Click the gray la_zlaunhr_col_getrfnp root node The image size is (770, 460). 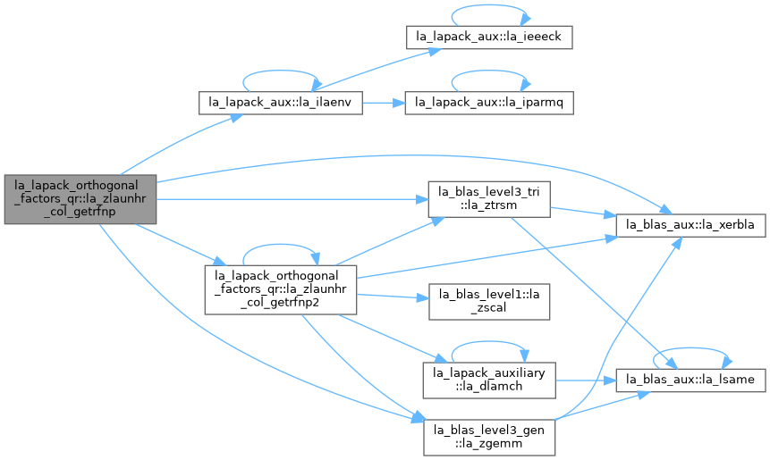[80, 199]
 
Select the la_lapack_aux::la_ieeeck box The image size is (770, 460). [489, 37]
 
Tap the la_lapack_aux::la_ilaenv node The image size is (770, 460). [281, 103]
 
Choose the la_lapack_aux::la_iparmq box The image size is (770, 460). [489, 103]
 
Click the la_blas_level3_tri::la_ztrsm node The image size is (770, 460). [489, 199]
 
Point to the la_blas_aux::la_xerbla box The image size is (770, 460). [690, 225]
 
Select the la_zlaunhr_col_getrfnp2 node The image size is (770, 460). [281, 289]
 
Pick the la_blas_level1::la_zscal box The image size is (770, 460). [489, 302]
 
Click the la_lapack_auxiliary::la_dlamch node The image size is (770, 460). [489, 381]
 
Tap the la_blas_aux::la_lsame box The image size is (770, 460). [690, 381]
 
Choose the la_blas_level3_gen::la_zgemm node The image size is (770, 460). [489, 438]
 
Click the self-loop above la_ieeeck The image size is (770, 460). [489, 5]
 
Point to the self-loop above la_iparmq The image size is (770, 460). [489, 71]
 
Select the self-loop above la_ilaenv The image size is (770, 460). [281, 71]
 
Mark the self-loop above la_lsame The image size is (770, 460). [690, 348]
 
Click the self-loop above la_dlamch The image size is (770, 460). [489, 342]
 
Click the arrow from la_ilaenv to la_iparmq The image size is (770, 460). [384, 103]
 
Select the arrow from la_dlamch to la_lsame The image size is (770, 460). [586, 381]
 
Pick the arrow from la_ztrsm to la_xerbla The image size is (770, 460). [583, 212]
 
